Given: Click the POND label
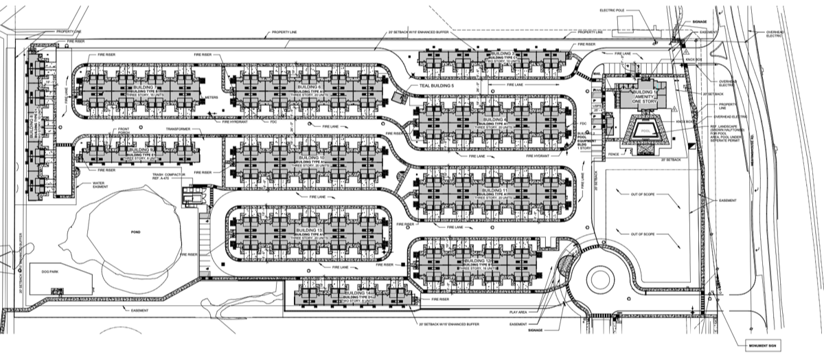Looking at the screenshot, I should pos(135,233).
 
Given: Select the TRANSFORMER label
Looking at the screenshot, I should pos(177,128).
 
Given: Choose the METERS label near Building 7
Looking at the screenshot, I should pos(211,98).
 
